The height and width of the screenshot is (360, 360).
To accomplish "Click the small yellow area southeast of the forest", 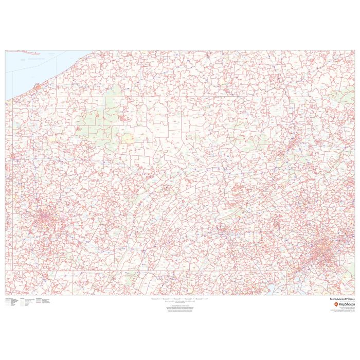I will pyautogui.click(x=127, y=138).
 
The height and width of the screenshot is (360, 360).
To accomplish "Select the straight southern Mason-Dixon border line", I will pyautogui.click(x=154, y=271).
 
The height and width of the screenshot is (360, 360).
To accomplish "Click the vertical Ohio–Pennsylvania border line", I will pyautogui.click(x=12, y=180).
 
